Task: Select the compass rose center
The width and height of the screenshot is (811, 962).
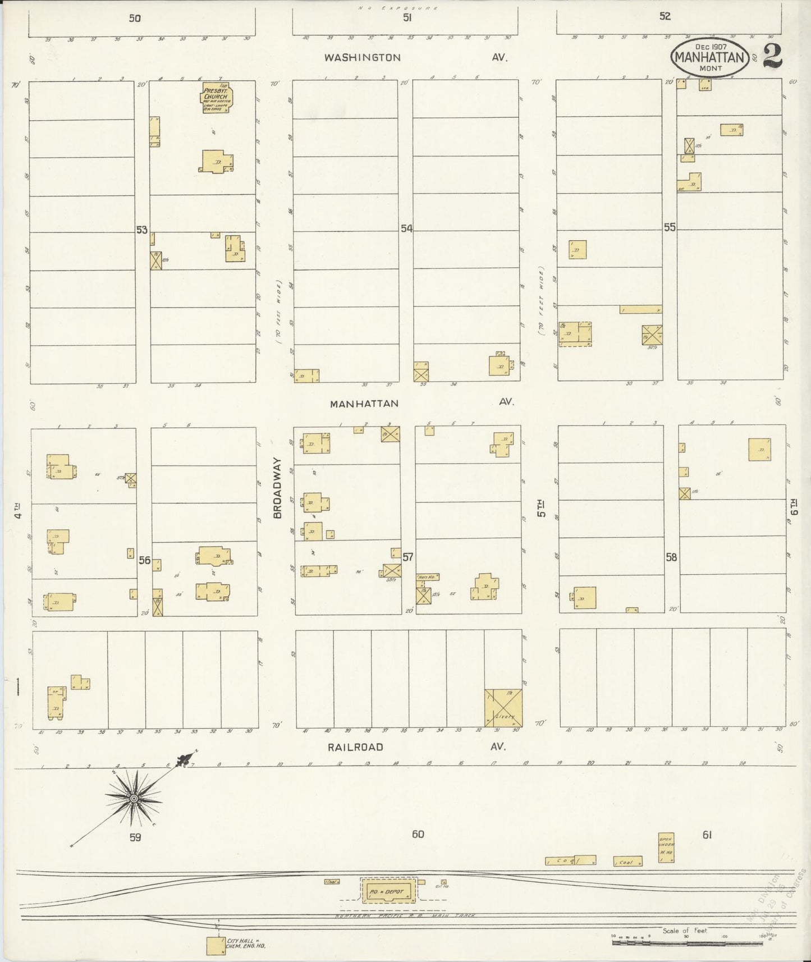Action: click(x=134, y=798)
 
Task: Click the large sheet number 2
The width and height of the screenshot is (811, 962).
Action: click(x=773, y=56)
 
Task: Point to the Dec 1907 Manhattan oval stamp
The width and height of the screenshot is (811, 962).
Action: click(x=710, y=57)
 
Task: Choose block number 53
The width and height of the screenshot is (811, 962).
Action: click(x=141, y=230)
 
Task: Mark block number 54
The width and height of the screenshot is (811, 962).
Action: click(x=406, y=228)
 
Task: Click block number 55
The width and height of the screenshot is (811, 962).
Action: click(x=670, y=227)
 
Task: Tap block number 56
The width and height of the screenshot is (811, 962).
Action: click(x=145, y=560)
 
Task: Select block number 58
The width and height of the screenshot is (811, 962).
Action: click(x=671, y=557)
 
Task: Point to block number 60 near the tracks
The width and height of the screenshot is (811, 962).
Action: click(x=418, y=834)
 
